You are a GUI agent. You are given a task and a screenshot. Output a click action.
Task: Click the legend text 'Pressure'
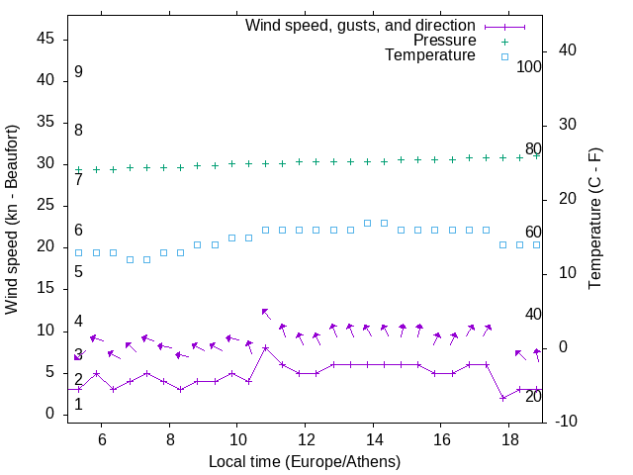(444, 41)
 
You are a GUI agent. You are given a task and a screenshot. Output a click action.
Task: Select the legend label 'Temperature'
(430, 55)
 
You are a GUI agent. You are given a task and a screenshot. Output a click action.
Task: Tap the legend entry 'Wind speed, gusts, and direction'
(360, 25)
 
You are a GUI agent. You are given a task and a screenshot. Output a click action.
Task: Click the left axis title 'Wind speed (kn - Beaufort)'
(12, 220)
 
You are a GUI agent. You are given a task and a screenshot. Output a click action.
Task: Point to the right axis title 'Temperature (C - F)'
(594, 219)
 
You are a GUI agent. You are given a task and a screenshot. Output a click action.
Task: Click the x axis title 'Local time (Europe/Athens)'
(304, 461)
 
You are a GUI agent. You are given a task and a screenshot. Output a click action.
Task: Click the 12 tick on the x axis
(304, 438)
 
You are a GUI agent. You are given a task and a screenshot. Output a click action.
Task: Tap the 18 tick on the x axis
(507, 438)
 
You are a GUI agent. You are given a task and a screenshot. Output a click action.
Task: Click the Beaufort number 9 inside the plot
(78, 72)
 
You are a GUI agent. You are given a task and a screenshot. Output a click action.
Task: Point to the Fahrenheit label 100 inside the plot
(529, 66)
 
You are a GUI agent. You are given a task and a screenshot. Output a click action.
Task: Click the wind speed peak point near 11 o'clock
(265, 347)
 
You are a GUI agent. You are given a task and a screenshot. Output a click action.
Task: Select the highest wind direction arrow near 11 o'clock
(265, 312)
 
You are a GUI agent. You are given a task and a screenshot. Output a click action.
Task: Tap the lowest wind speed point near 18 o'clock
(503, 398)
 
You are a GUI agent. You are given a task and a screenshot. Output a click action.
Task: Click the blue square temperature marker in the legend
(503, 56)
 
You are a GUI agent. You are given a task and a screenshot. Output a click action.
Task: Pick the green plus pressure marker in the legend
(503, 42)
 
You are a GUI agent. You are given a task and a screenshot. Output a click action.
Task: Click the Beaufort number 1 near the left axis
(78, 404)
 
